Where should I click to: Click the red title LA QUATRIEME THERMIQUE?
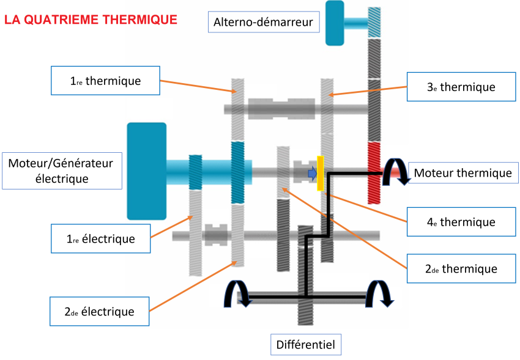[91, 20]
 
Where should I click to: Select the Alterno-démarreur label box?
[263, 23]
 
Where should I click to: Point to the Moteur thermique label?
[462, 173]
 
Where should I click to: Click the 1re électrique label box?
[100, 238]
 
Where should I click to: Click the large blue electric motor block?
[146, 171]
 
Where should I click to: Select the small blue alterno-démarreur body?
[335, 23]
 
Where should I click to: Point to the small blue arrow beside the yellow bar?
[312, 174]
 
